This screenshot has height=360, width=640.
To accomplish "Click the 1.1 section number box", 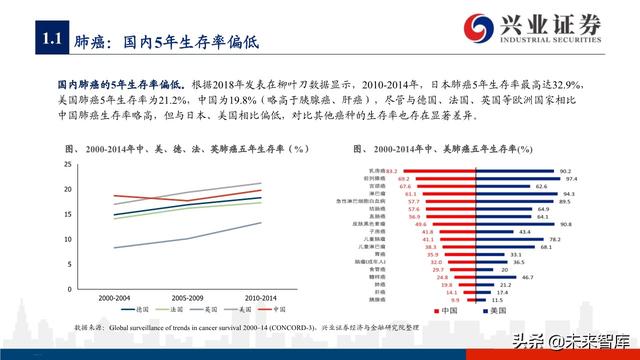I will click(x=50, y=40).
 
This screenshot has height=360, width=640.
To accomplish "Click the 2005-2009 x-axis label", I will click(x=191, y=297).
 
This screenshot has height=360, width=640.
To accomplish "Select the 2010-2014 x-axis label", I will click(x=263, y=297).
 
